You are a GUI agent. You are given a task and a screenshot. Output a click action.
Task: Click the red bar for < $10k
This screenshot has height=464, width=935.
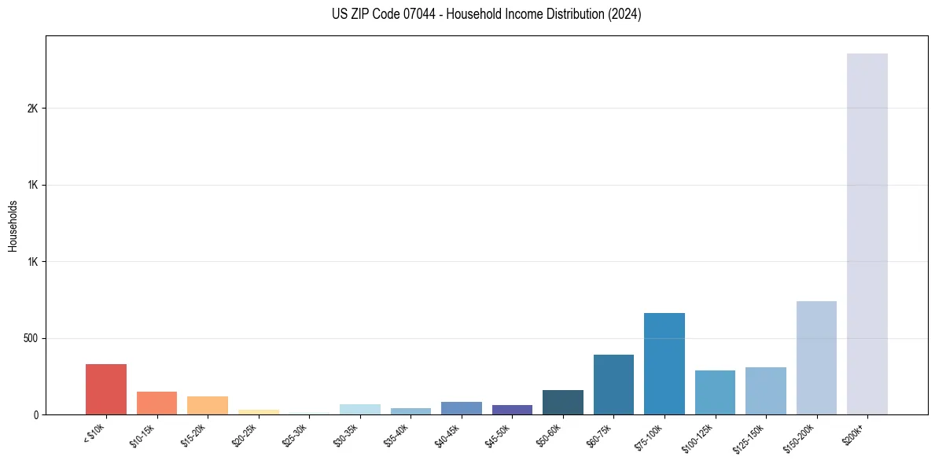point(106,389)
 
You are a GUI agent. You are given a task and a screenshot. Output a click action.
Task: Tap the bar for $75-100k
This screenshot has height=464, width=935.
point(664,364)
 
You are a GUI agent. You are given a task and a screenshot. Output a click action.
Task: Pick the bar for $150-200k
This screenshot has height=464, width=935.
point(816,358)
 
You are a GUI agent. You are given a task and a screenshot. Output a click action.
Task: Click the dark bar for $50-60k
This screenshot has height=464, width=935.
point(563,403)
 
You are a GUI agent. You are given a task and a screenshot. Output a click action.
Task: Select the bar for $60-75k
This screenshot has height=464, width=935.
point(613,385)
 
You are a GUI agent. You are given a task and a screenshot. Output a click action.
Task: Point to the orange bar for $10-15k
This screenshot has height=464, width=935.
point(156,403)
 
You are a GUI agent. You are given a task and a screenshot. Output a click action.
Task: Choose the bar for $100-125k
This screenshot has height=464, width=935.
point(715,392)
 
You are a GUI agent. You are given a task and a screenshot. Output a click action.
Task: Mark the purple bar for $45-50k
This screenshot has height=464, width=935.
point(512,410)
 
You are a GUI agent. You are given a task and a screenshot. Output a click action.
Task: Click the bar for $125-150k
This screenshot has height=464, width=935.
point(766,391)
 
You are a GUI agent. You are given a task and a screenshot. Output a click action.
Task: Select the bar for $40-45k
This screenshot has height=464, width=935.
point(462,408)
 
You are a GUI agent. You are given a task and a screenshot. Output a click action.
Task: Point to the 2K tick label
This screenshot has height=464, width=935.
point(32,109)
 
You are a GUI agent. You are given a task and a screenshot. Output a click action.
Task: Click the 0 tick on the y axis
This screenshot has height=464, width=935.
point(35,414)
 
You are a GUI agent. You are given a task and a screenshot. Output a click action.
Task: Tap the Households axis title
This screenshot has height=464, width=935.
point(13,225)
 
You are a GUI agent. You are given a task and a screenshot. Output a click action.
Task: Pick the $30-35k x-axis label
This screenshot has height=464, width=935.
point(345,436)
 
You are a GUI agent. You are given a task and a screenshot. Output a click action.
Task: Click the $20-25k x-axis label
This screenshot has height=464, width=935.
point(244,436)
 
